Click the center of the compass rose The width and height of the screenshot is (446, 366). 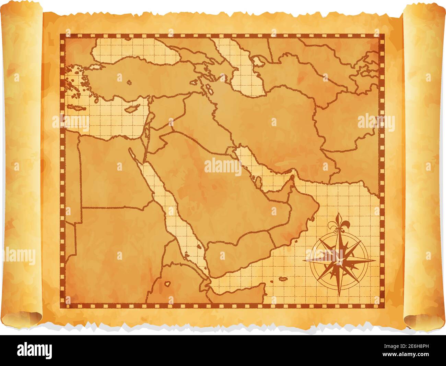(339, 261)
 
